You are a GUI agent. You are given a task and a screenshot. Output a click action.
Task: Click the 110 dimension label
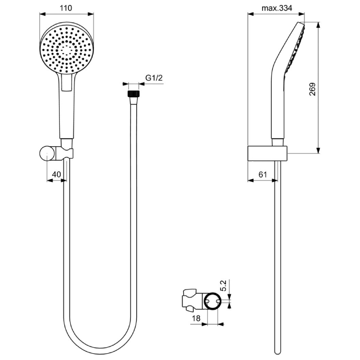click(66, 8)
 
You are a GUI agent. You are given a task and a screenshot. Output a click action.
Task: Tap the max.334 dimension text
click(277, 8)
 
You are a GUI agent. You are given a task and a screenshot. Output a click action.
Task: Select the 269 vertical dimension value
click(312, 89)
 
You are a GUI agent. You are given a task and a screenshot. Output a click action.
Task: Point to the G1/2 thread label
click(154, 78)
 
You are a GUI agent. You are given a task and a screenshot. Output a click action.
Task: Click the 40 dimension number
click(57, 175)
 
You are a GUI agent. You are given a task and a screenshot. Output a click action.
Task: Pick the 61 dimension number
click(263, 175)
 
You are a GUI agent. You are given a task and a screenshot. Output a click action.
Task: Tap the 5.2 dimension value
click(223, 286)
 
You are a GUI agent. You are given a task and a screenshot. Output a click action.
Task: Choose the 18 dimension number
click(196, 318)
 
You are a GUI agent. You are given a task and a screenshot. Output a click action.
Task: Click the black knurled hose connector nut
click(134, 94)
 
